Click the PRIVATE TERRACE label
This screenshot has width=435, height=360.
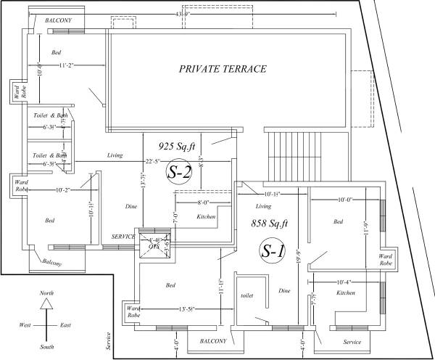(x=223, y=70)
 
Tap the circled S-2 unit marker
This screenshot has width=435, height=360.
(x=181, y=172)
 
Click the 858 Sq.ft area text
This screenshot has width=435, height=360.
(x=270, y=224)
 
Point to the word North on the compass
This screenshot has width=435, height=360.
(x=46, y=292)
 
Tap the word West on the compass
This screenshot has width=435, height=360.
(x=25, y=324)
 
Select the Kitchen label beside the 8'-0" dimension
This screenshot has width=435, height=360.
(x=206, y=216)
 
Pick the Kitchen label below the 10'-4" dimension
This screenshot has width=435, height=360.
(x=345, y=292)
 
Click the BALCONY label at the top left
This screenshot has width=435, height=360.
(x=58, y=21)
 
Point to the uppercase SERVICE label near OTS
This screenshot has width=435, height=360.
(x=123, y=237)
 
